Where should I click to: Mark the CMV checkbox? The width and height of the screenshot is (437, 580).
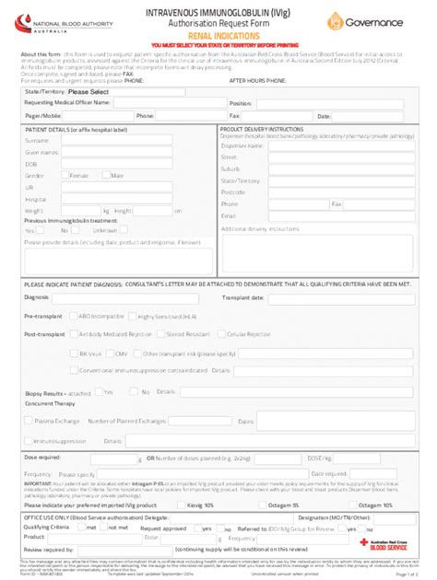110,353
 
